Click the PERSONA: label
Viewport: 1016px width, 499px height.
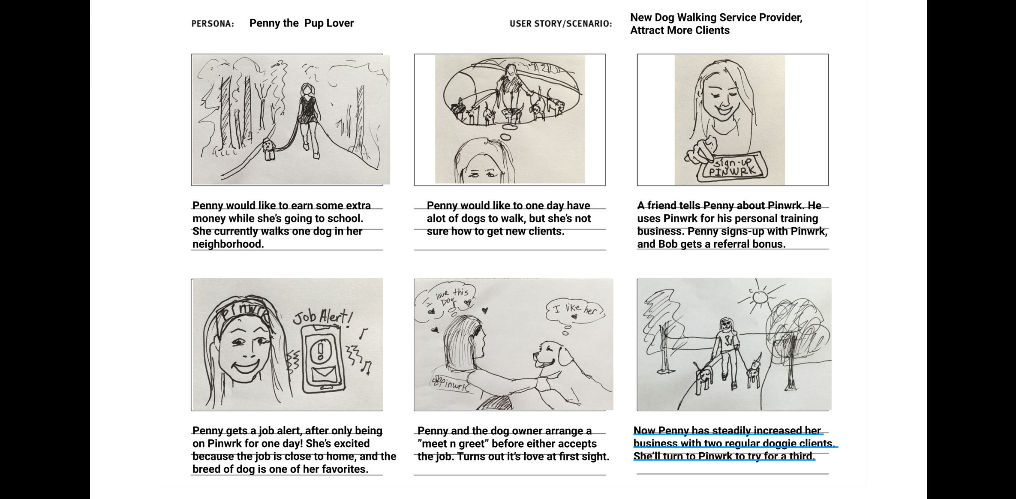pyautogui.click(x=213, y=24)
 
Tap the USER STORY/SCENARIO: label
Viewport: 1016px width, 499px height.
pyautogui.click(x=560, y=24)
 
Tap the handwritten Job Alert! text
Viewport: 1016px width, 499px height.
pyautogui.click(x=323, y=317)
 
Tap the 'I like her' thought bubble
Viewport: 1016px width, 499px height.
pyautogui.click(x=574, y=310)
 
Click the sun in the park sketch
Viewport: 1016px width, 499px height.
pyautogui.click(x=760, y=297)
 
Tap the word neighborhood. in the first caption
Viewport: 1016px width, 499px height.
pyautogui.click(x=228, y=244)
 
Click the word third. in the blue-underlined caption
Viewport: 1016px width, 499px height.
pyautogui.click(x=801, y=457)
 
